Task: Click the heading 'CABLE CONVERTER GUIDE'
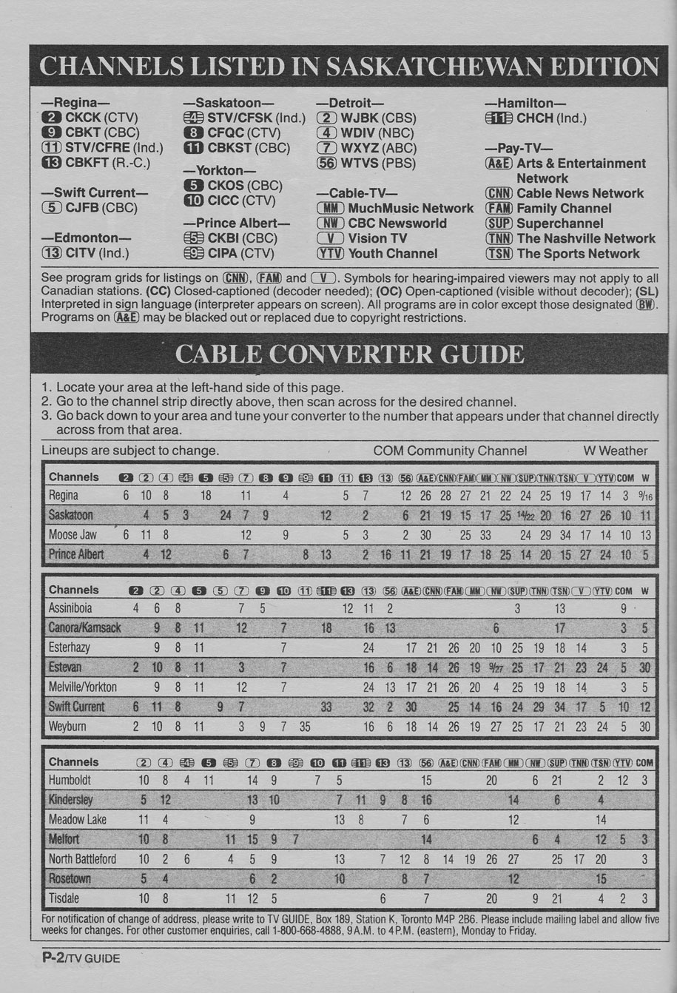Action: point(348,354)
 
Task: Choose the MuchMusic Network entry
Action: point(395,209)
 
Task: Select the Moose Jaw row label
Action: point(73,535)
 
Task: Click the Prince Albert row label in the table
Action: point(76,554)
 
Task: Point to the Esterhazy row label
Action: point(69,647)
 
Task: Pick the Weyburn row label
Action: point(67,727)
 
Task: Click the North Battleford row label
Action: point(82,859)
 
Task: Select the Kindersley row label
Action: point(71,800)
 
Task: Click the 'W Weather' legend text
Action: point(615,451)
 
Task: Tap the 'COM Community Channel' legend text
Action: point(450,451)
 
